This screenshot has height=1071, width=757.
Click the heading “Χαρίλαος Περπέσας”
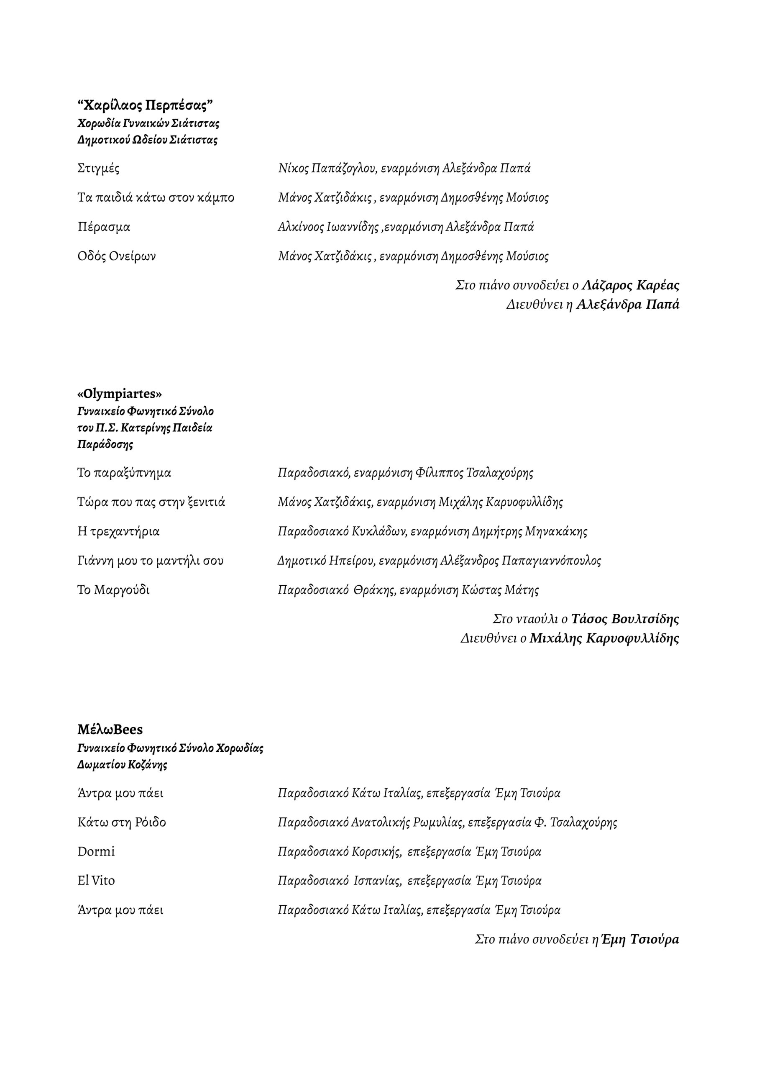click(x=145, y=105)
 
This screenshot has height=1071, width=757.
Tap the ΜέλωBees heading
click(x=110, y=729)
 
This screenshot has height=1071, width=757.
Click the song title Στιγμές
click(x=98, y=169)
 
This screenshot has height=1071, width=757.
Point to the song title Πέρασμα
click(x=104, y=227)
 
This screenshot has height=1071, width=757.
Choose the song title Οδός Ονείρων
click(x=117, y=256)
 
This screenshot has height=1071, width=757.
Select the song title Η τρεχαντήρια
click(x=118, y=531)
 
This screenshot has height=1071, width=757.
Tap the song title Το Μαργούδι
click(x=113, y=590)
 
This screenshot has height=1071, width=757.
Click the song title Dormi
click(x=96, y=851)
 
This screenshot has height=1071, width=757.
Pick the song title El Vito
click(x=96, y=881)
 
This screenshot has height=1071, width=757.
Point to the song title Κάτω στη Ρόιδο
click(x=122, y=822)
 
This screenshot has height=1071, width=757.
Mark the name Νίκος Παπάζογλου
click(x=327, y=169)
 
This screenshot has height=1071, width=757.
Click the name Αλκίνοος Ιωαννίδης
click(x=328, y=227)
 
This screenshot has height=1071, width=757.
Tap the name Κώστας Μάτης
click(x=500, y=590)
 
